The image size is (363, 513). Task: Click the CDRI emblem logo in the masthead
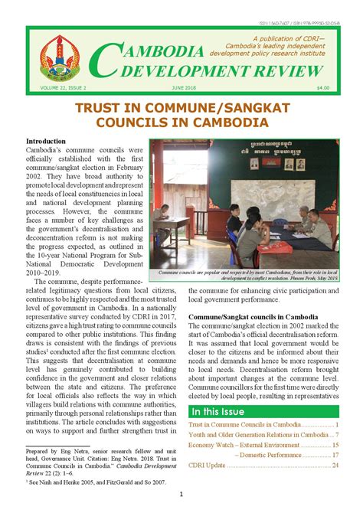[x=58, y=60]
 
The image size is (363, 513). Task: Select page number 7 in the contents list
[x=336, y=433]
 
